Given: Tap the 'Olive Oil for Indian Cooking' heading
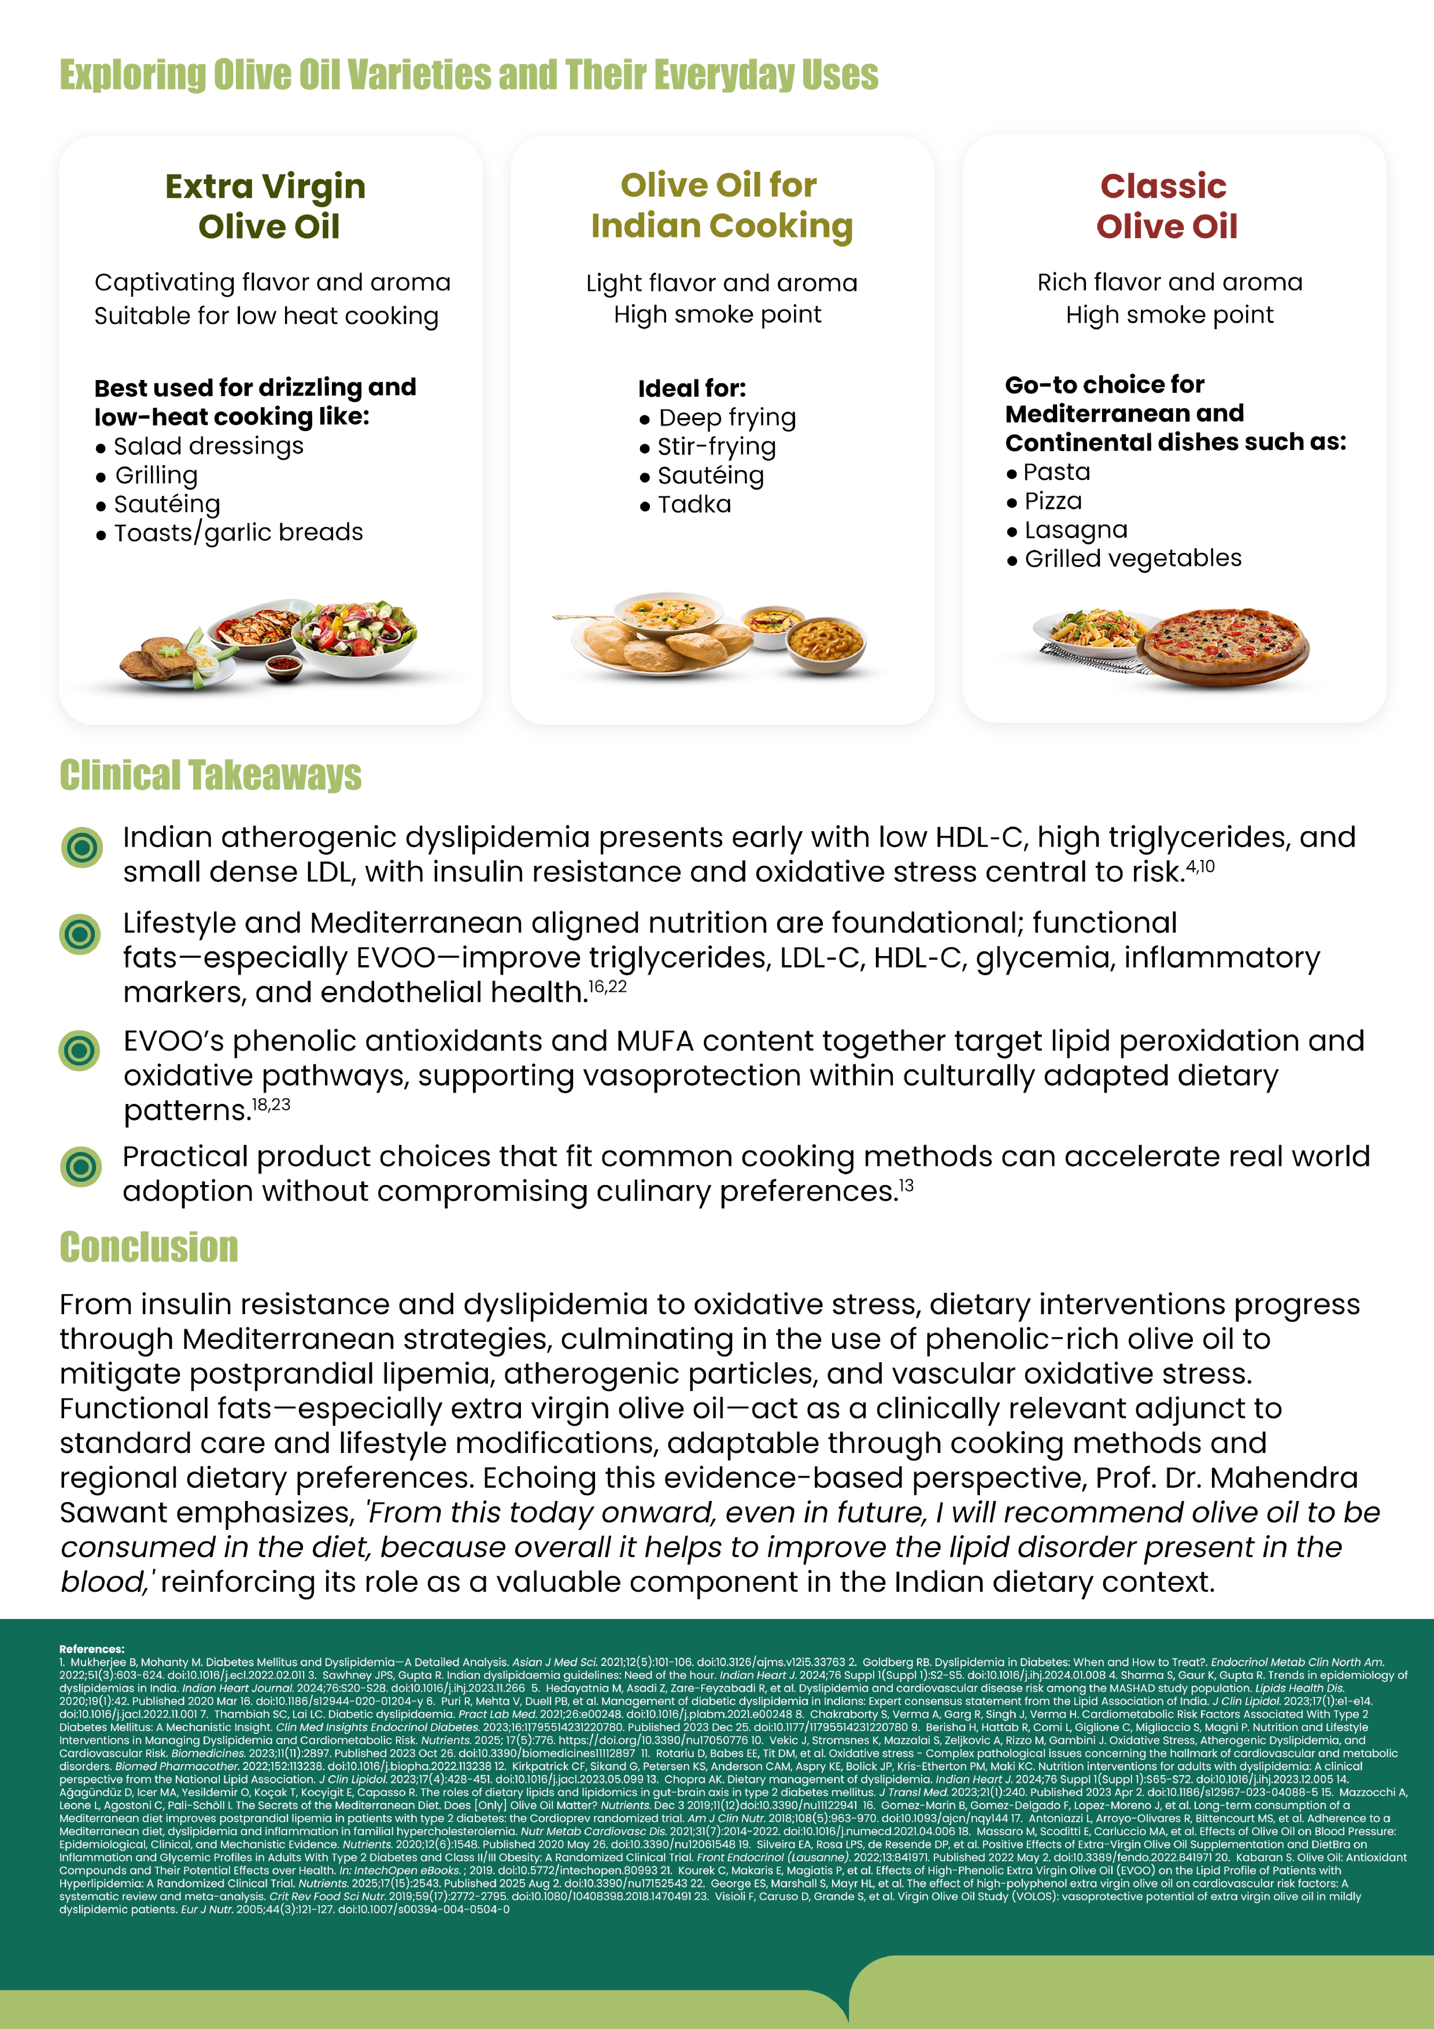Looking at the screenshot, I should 721,205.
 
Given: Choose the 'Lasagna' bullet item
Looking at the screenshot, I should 1075,530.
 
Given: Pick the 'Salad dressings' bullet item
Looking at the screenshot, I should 208,446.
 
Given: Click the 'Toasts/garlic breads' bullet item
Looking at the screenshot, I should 238,533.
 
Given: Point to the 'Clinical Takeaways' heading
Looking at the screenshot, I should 210,775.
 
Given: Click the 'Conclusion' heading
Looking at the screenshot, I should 148,1247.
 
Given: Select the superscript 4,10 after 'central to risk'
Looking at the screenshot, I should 1200,867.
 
